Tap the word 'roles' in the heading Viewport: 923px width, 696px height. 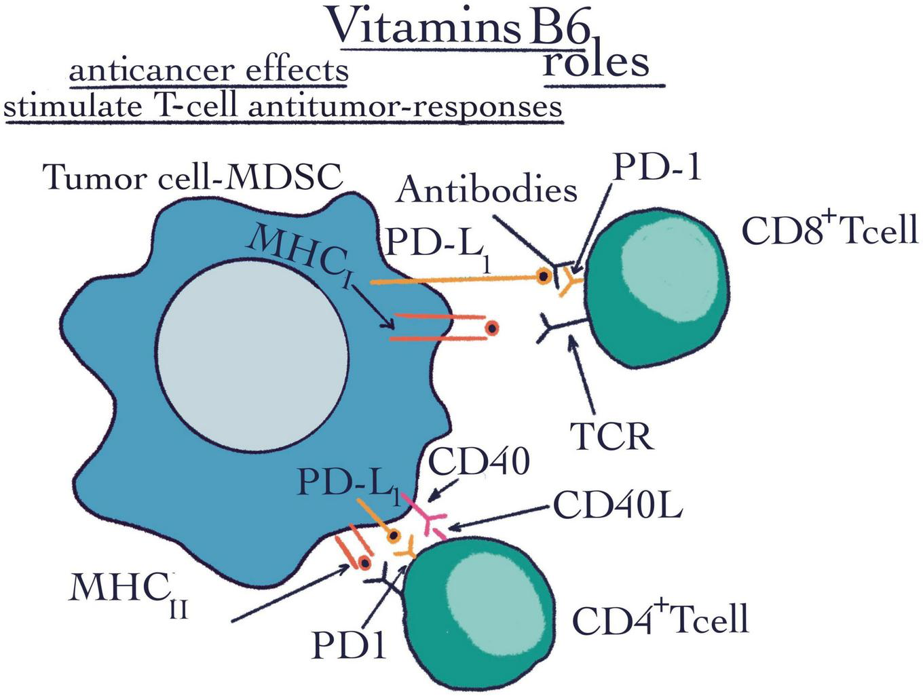tap(596, 62)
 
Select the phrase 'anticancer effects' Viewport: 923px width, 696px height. tap(208, 70)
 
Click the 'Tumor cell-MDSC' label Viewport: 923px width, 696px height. tap(193, 178)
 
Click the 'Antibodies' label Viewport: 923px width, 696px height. tap(487, 189)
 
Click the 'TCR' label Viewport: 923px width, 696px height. tap(611, 436)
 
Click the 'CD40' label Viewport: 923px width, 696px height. tap(478, 463)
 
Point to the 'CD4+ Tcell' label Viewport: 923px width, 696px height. tap(660, 619)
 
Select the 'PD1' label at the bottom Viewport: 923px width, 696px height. tap(349, 645)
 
